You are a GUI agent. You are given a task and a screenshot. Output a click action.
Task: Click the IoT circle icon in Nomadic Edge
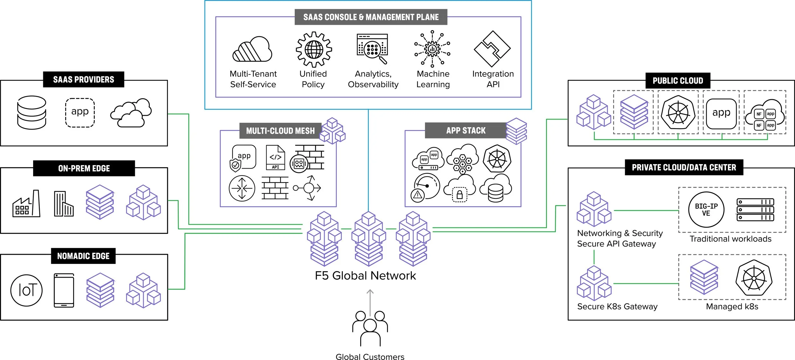point(26,290)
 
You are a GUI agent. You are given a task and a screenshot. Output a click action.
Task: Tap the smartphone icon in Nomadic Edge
point(64,290)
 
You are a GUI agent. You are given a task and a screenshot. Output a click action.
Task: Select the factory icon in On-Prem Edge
point(26,204)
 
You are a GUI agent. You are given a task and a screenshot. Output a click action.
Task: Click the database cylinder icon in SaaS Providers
point(31,113)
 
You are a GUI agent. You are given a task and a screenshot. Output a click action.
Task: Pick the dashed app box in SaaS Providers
point(80,113)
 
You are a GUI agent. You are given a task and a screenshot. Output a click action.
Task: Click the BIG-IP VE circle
point(706,210)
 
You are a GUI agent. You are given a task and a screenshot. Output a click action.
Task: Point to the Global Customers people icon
point(370,328)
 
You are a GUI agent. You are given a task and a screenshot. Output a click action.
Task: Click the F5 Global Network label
point(365,275)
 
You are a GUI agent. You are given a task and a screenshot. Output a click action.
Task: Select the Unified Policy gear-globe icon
point(314,49)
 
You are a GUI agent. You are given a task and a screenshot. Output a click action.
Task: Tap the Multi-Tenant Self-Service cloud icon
point(252,49)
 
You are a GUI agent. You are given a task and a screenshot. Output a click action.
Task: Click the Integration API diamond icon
point(492,49)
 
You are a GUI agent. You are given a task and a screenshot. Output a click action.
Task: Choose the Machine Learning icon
point(432,49)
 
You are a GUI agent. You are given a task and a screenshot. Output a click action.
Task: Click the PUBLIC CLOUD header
point(678,81)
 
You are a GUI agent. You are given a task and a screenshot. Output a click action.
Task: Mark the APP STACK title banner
point(466,130)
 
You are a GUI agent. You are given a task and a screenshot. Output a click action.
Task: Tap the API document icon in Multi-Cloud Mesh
point(275,157)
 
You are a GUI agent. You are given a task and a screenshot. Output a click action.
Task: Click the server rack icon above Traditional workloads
point(755,210)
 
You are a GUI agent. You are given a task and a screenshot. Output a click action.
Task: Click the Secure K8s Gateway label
point(617,306)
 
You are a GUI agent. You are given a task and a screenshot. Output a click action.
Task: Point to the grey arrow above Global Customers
point(370,302)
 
